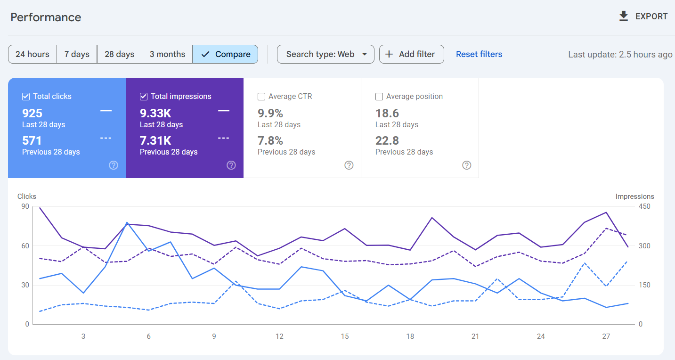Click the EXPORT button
pyautogui.click(x=643, y=16)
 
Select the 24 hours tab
pyautogui.click(x=33, y=54)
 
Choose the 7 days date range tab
pyautogui.click(x=77, y=54)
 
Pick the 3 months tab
pyautogui.click(x=167, y=54)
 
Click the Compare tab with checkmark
pyautogui.click(x=225, y=54)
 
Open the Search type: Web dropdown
pyautogui.click(x=325, y=54)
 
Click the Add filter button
pyautogui.click(x=411, y=54)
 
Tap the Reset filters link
pyautogui.click(x=479, y=54)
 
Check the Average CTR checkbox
pyautogui.click(x=261, y=97)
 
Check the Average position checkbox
pyautogui.click(x=379, y=97)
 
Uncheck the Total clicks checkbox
pyautogui.click(x=26, y=97)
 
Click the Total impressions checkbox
pyautogui.click(x=144, y=97)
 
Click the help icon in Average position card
pyautogui.click(x=467, y=165)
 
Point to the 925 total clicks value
pyautogui.click(x=33, y=113)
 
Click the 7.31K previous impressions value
pyautogui.click(x=155, y=140)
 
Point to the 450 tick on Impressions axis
pyautogui.click(x=644, y=207)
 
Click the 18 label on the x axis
pyautogui.click(x=410, y=336)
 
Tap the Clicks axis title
pyautogui.click(x=27, y=196)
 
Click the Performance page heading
pyautogui.click(x=46, y=17)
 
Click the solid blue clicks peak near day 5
pyautogui.click(x=127, y=222)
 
